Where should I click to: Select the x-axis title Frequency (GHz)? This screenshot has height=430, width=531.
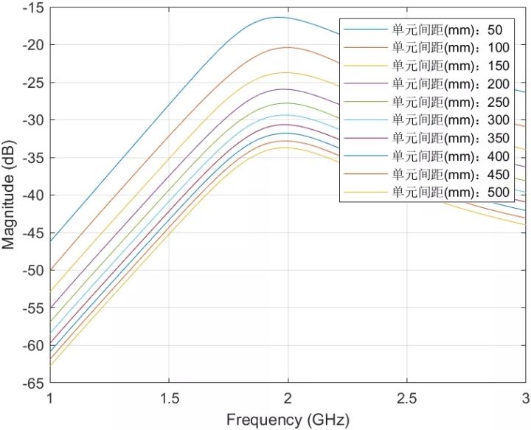pos(288,420)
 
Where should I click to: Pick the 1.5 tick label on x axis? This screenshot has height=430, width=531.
pos(169,397)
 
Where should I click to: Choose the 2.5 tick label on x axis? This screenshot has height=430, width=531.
pos(406,397)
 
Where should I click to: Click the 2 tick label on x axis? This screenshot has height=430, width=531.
pos(288,397)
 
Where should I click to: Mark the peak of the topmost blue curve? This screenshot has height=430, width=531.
pos(279,17)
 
